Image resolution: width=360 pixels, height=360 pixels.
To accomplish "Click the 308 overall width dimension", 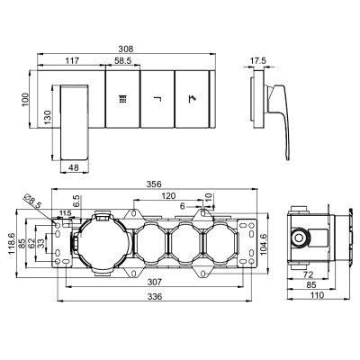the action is pyautogui.click(x=126, y=49).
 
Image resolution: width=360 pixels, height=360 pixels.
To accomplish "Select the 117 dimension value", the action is pyautogui.click(x=72, y=60).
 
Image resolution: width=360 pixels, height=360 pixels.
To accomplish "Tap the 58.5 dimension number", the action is pyautogui.click(x=123, y=60).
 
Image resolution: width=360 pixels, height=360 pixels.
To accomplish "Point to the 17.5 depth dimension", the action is pyautogui.click(x=258, y=60).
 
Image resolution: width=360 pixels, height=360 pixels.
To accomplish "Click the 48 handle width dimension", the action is pyautogui.click(x=74, y=167).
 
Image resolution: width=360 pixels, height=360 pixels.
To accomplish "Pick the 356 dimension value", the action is pyautogui.click(x=154, y=184).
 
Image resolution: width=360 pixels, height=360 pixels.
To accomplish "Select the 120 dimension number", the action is pyautogui.click(x=168, y=196).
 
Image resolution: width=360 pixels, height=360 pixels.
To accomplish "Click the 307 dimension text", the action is pyautogui.click(x=155, y=282).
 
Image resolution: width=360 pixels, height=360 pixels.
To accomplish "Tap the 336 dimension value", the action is pyautogui.click(x=155, y=296).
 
